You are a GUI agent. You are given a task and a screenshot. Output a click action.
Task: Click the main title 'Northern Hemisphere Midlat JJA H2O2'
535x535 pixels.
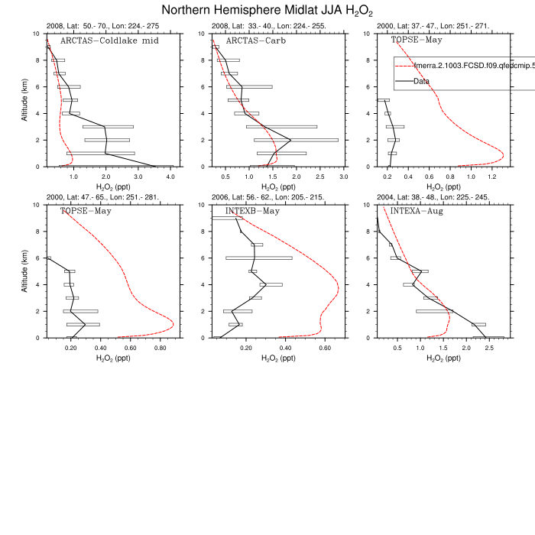pos(267,11)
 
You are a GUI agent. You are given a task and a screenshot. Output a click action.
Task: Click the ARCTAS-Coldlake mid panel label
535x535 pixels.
pos(109,41)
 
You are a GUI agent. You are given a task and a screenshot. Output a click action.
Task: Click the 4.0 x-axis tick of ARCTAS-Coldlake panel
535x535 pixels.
pos(170,177)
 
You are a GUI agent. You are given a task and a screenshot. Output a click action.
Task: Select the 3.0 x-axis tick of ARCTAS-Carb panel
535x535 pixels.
pos(343,177)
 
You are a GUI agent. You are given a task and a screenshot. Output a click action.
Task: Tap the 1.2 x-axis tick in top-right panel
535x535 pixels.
pos(492,177)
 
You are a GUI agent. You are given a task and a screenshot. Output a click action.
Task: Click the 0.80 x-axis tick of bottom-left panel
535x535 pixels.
pos(160,348)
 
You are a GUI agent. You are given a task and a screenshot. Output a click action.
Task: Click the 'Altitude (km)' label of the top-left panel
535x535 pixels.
pos(27,100)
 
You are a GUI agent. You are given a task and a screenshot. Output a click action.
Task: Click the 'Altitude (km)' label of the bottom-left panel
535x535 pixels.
pos(27,271)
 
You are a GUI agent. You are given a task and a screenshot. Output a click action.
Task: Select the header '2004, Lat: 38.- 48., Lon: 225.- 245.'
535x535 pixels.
pos(433,197)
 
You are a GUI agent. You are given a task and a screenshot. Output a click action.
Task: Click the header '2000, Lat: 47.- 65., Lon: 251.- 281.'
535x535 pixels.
pos(102,197)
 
